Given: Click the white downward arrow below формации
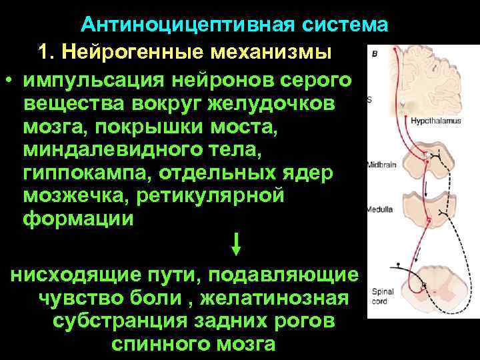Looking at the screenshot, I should (x=235, y=243).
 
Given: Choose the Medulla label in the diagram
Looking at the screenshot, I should (x=379, y=209).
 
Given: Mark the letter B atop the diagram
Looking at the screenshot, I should (x=375, y=53).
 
